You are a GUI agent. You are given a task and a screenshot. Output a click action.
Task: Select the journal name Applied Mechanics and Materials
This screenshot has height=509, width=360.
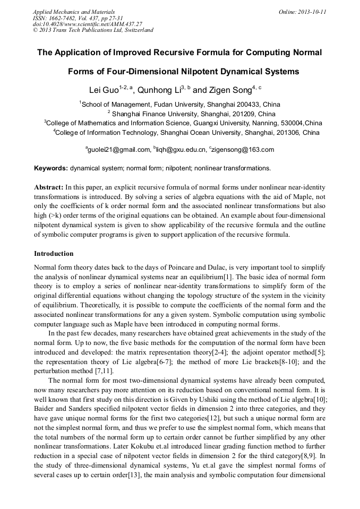(74, 12)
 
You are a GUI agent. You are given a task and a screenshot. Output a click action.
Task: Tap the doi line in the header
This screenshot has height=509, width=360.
(88, 24)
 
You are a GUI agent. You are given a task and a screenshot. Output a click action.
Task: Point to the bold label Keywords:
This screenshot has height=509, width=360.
(51, 168)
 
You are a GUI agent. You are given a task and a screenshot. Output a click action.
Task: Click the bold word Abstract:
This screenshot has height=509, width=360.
(49, 187)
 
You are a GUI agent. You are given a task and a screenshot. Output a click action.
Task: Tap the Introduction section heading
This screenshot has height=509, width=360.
(54, 254)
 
